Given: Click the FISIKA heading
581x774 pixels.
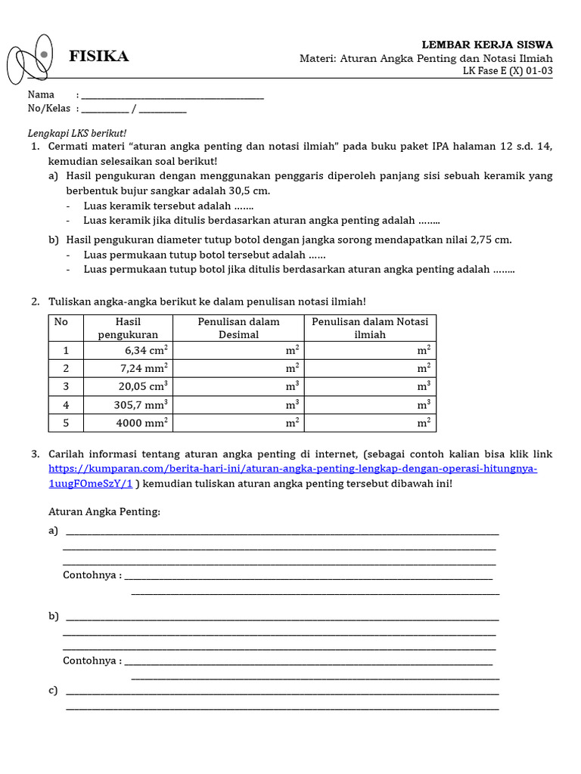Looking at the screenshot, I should [x=99, y=57].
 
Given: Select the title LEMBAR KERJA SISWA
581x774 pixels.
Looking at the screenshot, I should [x=486, y=45].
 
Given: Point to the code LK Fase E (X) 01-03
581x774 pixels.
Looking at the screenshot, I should [x=508, y=71].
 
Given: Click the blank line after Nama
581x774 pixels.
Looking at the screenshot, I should [x=172, y=95].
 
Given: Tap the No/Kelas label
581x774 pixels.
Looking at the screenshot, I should [x=49, y=109].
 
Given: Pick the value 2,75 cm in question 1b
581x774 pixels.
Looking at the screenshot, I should [x=490, y=240].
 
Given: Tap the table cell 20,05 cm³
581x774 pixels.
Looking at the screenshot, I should [x=143, y=386].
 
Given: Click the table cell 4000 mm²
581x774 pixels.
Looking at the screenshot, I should [x=141, y=423].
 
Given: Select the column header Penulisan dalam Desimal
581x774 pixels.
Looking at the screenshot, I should [x=238, y=328].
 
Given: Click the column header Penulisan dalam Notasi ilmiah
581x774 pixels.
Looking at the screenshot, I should [x=370, y=328].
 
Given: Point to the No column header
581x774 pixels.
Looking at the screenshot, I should [x=61, y=322].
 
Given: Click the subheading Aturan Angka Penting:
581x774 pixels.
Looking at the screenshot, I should [x=104, y=512].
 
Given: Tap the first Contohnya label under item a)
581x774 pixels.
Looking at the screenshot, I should [x=92, y=575].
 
